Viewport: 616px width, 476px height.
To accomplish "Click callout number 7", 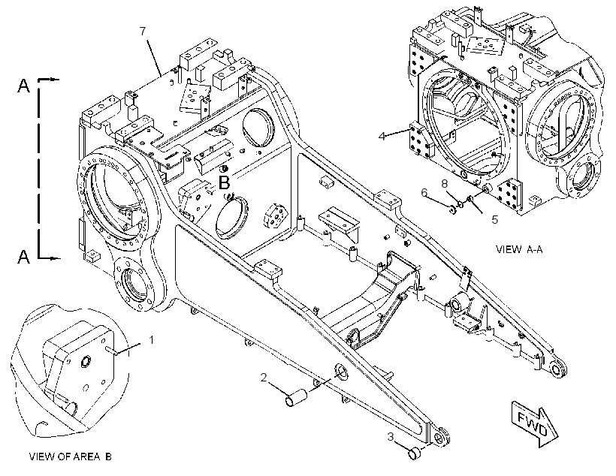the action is point(143,31).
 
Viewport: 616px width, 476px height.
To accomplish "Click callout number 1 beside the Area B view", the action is point(152,339).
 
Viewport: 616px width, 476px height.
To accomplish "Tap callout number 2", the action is point(264,378).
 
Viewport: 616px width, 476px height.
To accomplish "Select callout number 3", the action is point(391,437).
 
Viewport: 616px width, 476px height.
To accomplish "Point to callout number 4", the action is point(382,137).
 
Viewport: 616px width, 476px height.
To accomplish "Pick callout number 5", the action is point(494,219).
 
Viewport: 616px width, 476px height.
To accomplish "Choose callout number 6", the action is point(424,192).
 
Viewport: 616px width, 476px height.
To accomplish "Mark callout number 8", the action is point(444,183).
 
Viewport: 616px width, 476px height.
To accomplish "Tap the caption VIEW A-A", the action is point(519,249).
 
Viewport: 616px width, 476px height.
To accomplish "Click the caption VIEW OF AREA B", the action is point(71,456).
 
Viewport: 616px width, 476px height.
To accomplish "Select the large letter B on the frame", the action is point(225,182).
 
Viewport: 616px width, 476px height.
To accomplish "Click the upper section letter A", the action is point(23,86).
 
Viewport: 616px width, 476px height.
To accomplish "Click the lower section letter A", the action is point(23,257).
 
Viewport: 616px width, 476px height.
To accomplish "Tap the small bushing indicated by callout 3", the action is point(415,453).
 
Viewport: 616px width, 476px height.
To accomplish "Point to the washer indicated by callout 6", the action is point(452,210).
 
